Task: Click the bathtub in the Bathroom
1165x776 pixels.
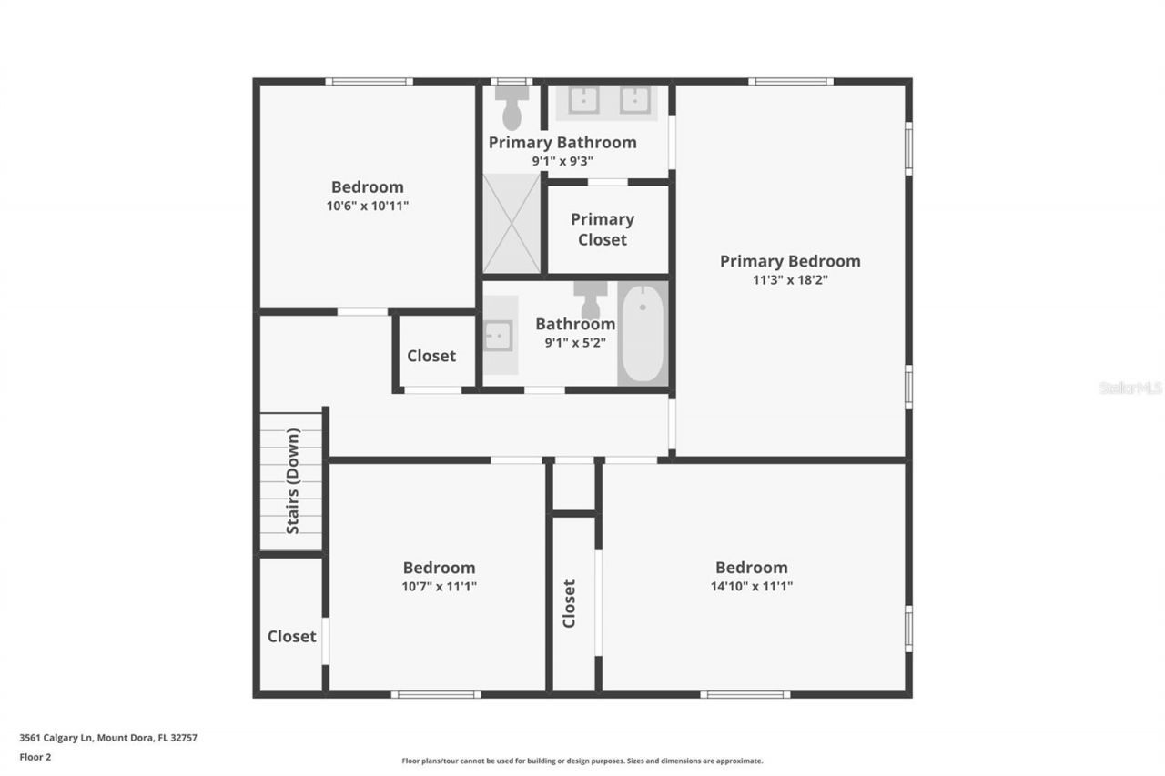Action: pos(643,334)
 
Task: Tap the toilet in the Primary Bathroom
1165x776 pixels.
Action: pos(512,108)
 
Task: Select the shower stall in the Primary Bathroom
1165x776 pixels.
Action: pos(512,224)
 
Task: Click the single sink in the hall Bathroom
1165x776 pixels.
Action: pos(498,336)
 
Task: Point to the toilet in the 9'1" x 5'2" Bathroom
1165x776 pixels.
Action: pos(591,300)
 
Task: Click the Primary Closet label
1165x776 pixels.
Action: pos(603,229)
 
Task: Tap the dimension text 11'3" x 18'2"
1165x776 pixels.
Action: pos(790,279)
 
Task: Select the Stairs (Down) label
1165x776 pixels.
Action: pos(293,480)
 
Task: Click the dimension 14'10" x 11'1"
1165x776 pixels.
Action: pos(752,586)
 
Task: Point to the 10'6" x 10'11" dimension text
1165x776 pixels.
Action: pos(367,206)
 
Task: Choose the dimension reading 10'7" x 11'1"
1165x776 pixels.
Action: pos(439,586)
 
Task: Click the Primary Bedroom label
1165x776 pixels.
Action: pos(790,261)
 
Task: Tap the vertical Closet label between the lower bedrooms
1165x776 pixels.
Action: pos(569,603)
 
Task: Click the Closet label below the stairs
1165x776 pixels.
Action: pos(292,636)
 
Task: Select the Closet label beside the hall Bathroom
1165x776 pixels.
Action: pos(431,356)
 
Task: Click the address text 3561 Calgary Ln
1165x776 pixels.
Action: pos(56,737)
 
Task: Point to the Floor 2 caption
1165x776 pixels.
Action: pos(35,757)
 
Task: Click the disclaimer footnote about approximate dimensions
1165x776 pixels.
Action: pos(582,761)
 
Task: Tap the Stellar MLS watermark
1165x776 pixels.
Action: pos(1130,388)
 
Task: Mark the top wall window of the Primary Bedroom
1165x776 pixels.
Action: pos(791,82)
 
